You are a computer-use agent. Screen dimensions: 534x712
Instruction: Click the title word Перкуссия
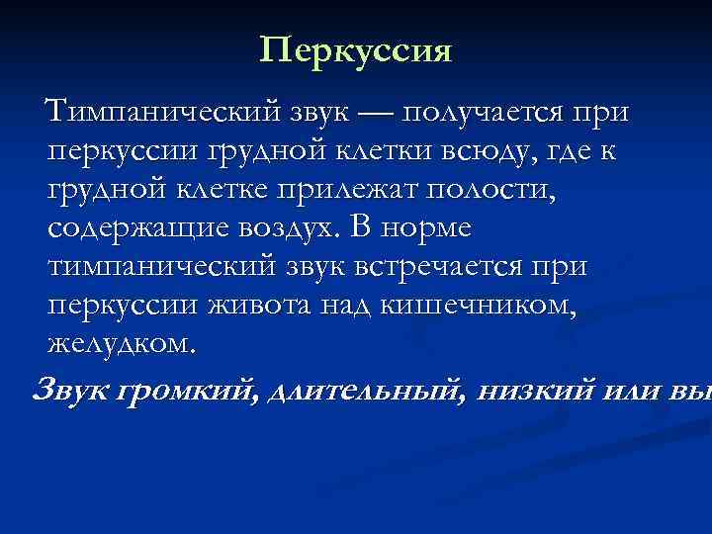coord(356,49)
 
